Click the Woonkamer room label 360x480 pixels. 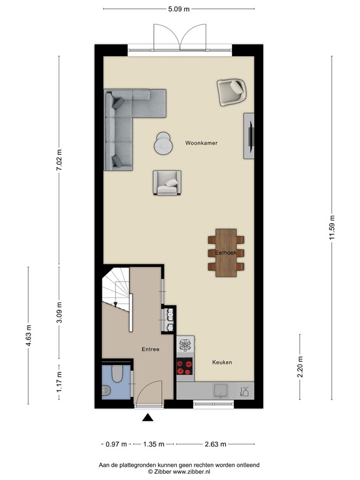(x=201, y=143)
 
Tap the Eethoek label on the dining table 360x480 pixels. (x=225, y=252)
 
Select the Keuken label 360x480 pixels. (x=222, y=362)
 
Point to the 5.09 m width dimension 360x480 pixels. (x=179, y=9)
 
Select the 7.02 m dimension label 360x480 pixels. (x=59, y=161)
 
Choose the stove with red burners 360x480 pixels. (x=186, y=367)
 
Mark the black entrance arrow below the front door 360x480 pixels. (x=147, y=418)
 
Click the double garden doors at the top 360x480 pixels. (x=180, y=36)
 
